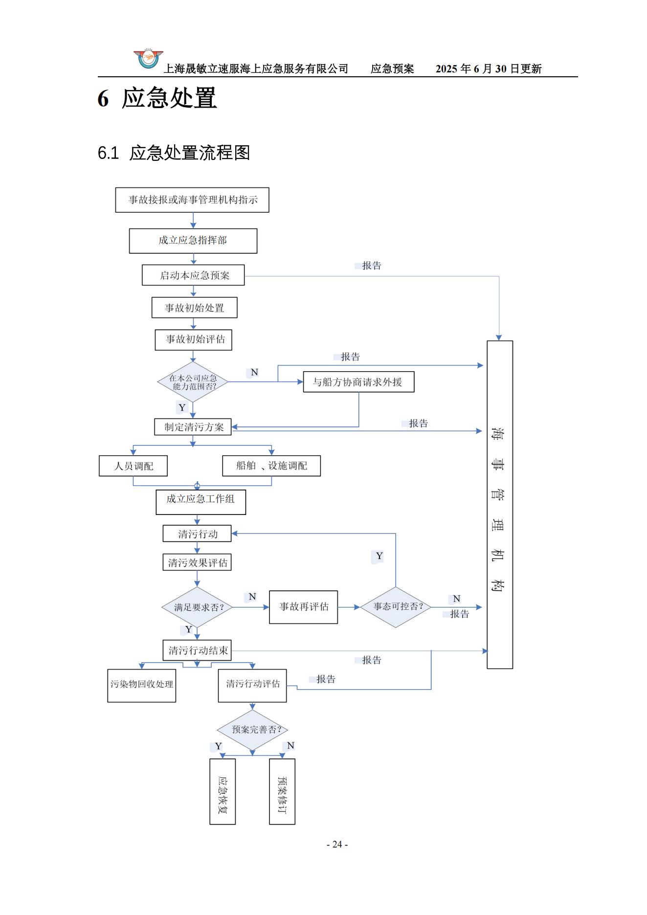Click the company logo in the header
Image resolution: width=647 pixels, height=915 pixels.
(148, 59)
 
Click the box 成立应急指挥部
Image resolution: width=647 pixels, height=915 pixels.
(193, 241)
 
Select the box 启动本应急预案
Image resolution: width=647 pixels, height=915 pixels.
(193, 275)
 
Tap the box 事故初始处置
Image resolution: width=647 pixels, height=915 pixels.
(194, 308)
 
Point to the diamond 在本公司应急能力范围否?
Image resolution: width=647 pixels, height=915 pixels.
(193, 382)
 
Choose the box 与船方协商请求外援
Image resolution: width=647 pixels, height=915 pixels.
(358, 382)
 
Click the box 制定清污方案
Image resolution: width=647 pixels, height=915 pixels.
(193, 427)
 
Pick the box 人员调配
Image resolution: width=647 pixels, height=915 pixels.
(133, 466)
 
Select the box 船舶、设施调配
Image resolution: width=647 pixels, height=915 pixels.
(271, 466)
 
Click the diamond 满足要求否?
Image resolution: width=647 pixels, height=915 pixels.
(198, 607)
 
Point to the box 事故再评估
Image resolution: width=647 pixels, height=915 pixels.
(303, 607)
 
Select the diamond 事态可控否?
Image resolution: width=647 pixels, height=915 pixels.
(396, 607)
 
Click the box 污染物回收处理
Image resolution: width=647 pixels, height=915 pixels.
(141, 685)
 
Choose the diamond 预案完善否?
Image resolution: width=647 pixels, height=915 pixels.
(253, 730)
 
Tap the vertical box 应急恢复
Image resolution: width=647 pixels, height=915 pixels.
(223, 791)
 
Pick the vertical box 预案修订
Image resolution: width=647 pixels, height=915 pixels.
(282, 791)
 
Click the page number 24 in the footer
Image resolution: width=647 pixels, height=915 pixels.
(337, 845)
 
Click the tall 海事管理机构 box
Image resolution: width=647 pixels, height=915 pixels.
(499, 504)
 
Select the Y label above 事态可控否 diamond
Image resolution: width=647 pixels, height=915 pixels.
(379, 556)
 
